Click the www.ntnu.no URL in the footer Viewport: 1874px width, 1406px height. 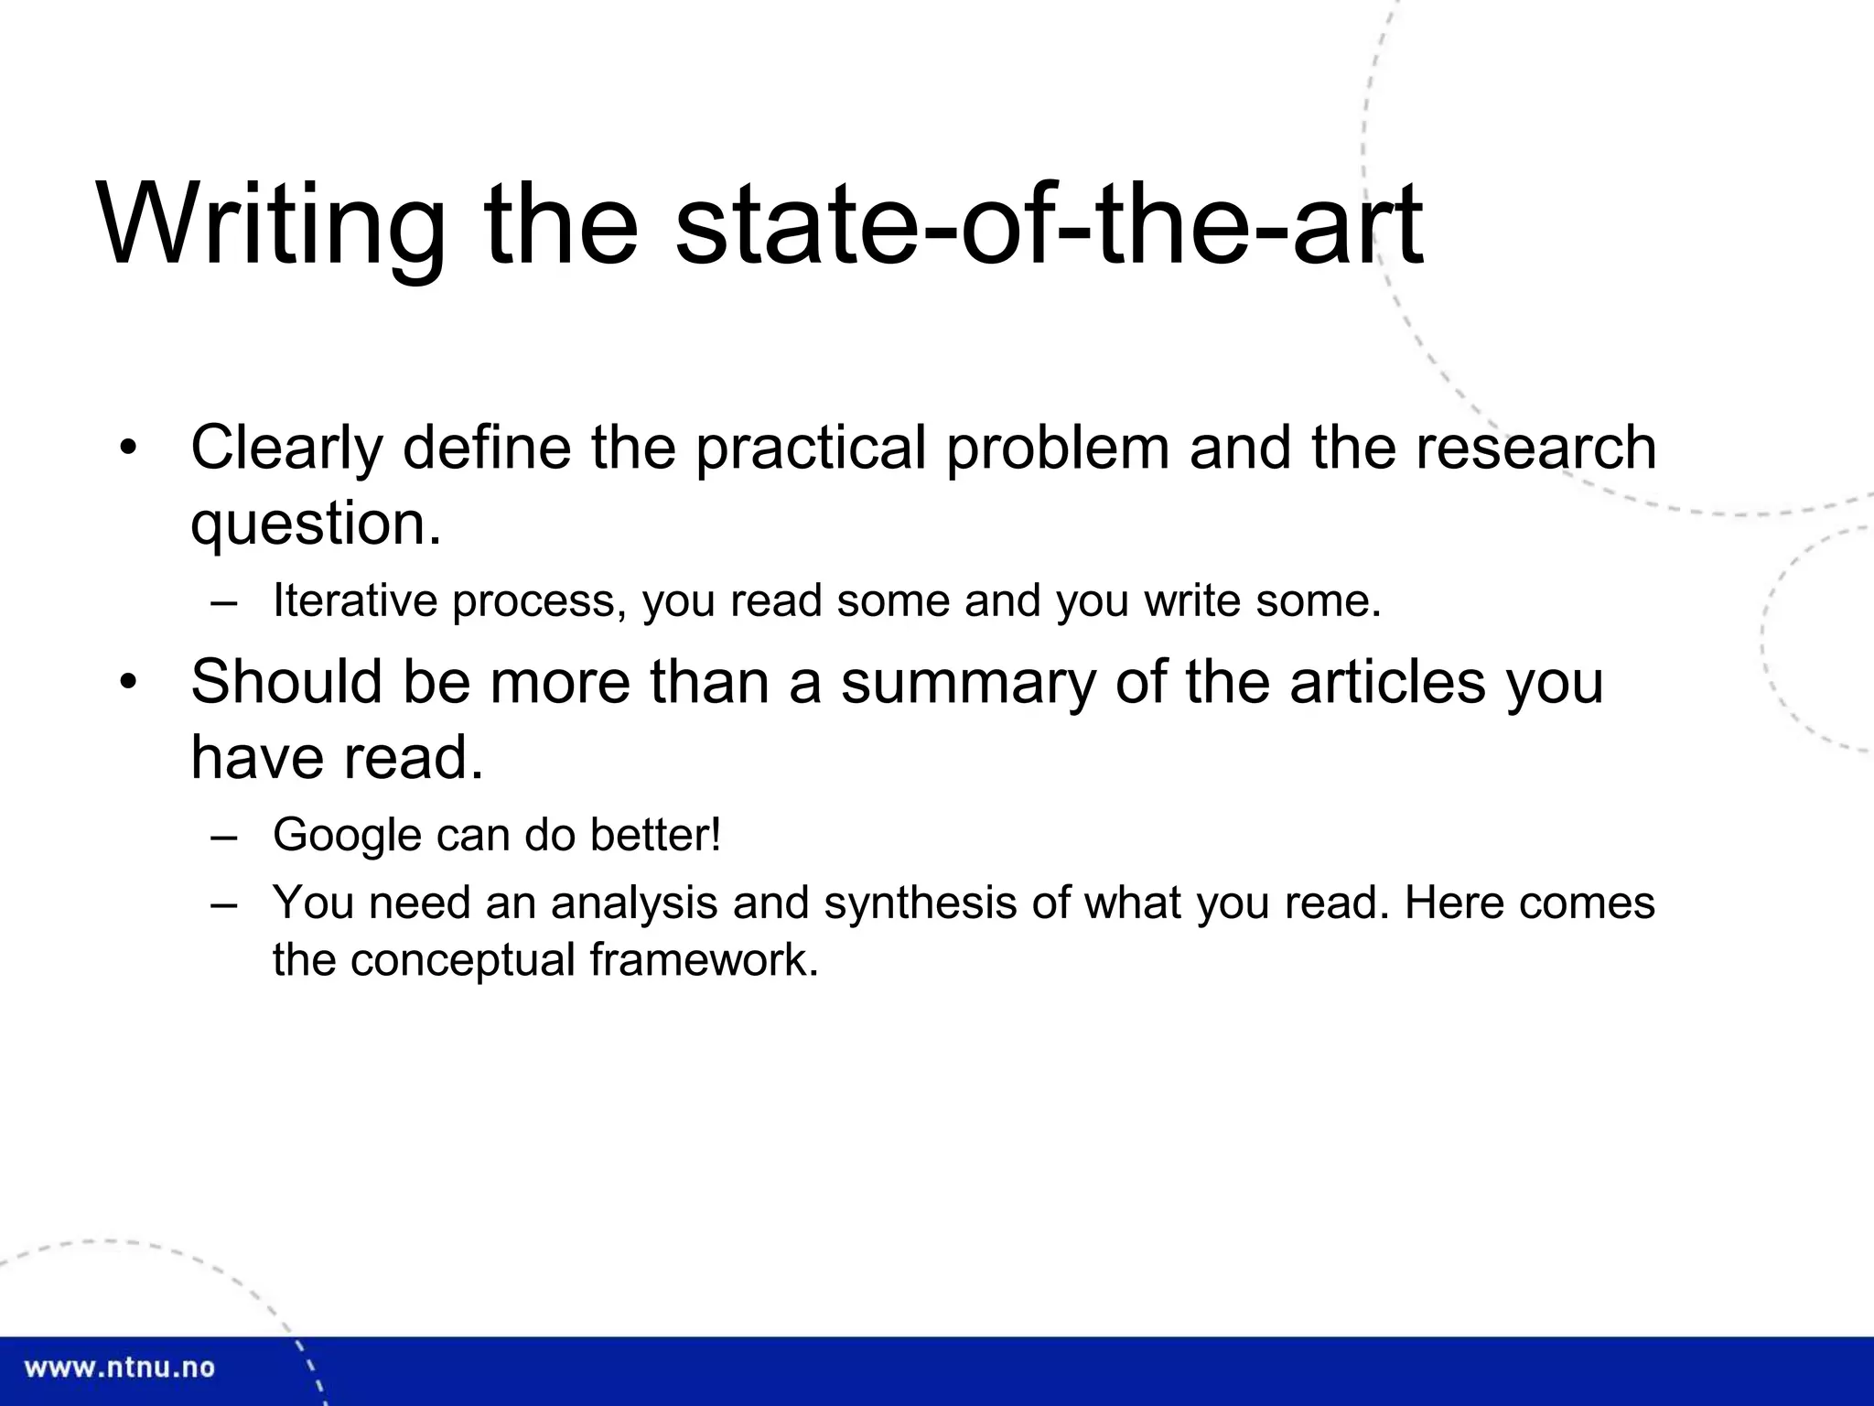119,1368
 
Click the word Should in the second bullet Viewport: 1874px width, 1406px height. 285,682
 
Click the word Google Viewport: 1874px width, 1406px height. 347,836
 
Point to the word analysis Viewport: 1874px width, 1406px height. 634,903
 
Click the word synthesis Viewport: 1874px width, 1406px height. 921,903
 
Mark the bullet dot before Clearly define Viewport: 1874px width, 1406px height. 127,449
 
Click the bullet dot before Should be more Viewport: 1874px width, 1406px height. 127,683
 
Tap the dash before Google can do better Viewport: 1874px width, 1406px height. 223,836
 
